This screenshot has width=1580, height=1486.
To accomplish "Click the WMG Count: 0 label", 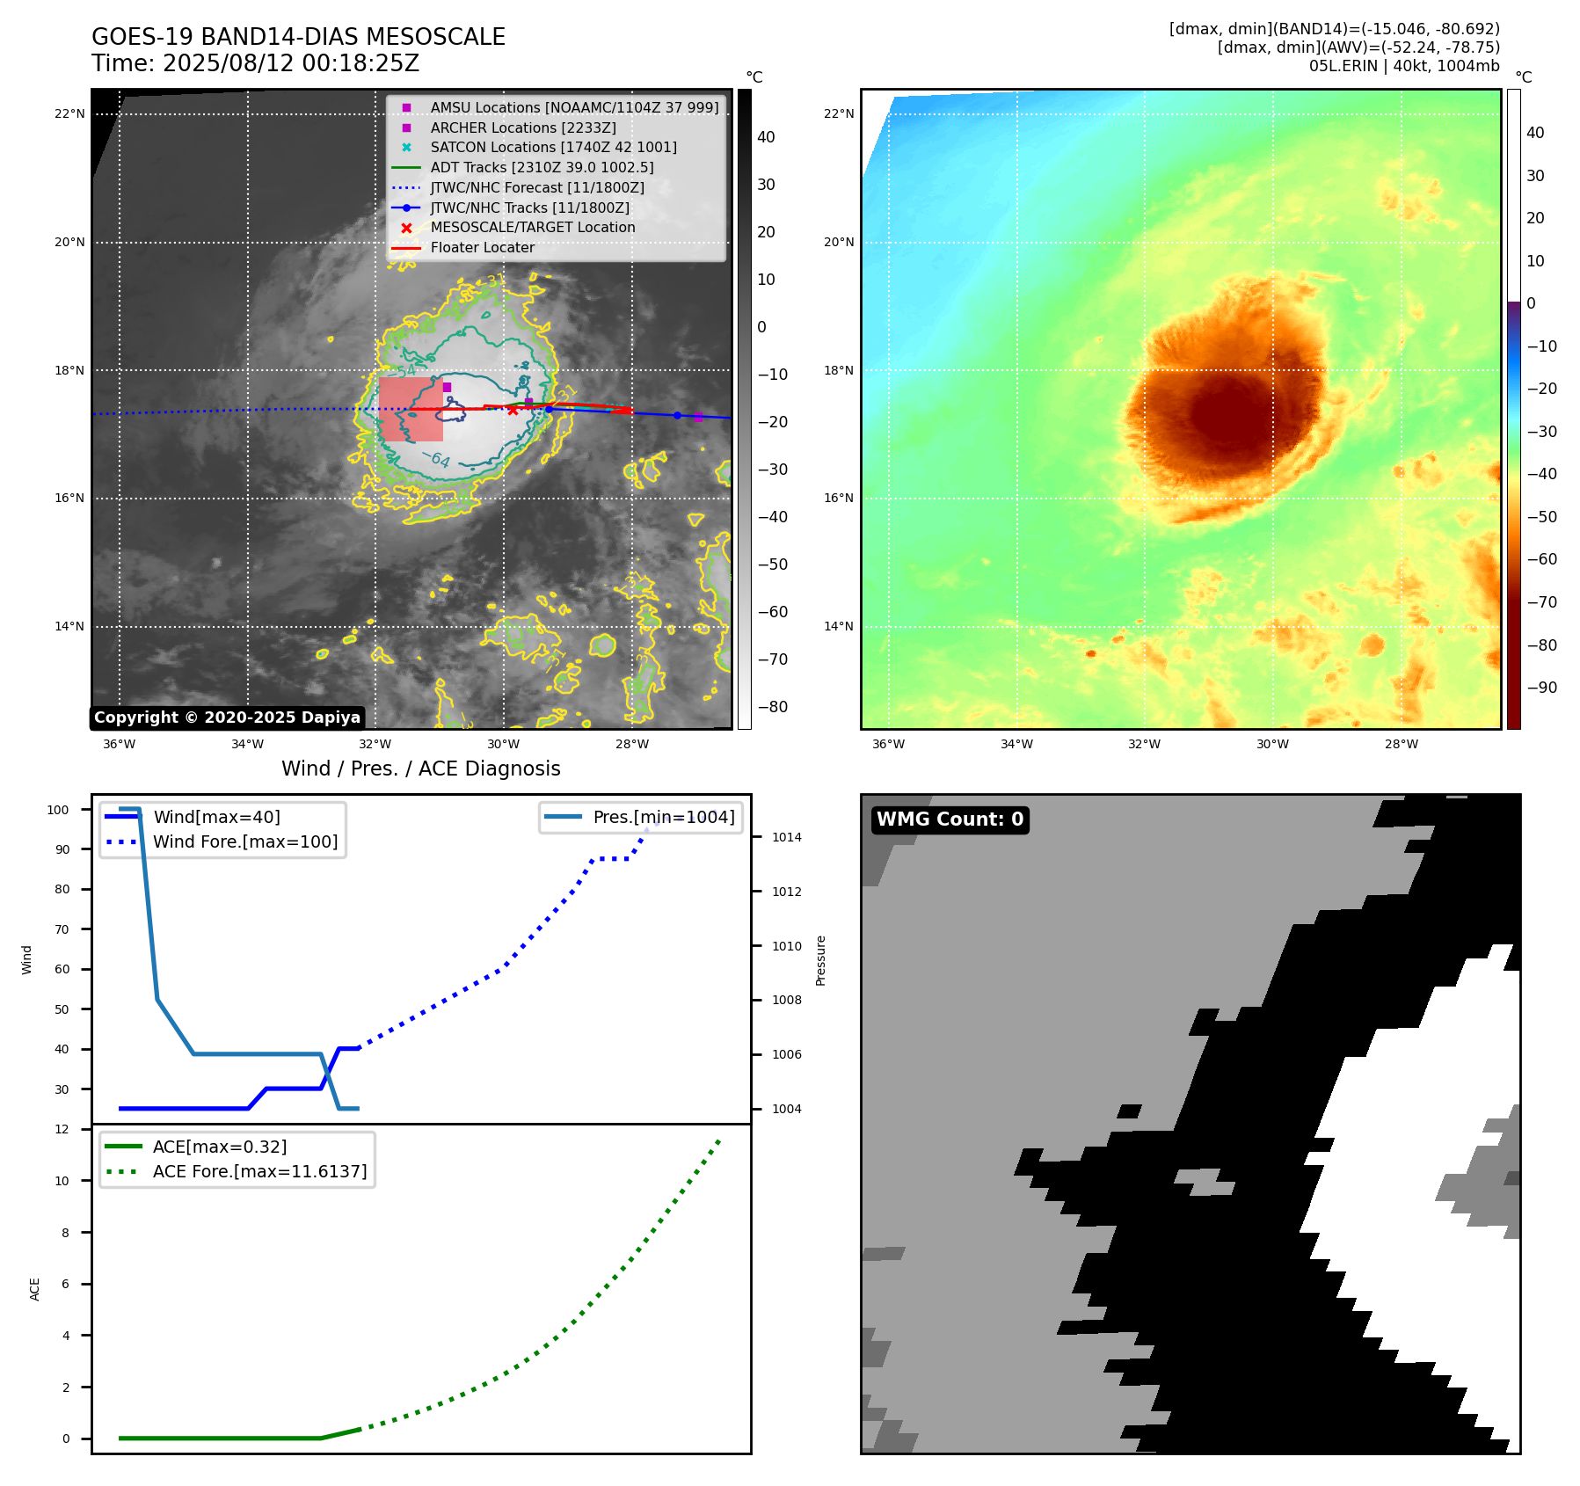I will pos(950,819).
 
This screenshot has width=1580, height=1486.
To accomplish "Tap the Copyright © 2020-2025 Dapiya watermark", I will pos(227,718).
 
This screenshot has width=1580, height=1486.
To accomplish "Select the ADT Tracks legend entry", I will pos(542,167).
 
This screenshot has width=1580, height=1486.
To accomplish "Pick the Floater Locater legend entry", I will pos(482,248).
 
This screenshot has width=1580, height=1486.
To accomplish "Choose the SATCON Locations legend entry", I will pos(553,147).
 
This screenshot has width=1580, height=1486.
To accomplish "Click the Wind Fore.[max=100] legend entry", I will pos(245,841).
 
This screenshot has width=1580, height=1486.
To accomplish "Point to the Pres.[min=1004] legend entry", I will pos(663,817).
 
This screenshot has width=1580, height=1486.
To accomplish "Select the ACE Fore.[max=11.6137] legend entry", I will pos(259,1171).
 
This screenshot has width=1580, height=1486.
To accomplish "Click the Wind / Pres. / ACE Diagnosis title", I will pos(420,768).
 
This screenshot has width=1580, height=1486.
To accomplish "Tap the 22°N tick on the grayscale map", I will pos(69,113).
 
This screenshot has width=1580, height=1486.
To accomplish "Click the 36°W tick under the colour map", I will pos(888,744).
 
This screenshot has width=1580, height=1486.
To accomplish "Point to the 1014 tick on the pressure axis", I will pos(786,837).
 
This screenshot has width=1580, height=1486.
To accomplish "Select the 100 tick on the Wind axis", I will pos(58,810).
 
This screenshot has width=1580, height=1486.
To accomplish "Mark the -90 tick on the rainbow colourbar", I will pos(1541,688).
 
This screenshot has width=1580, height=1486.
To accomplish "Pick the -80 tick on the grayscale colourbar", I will pos(772,707).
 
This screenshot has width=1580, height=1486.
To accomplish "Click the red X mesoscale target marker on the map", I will pos(513,410).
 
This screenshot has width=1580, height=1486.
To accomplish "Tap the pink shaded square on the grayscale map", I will pos(411,409).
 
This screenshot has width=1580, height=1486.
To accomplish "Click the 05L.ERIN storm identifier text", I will pos(1342,66).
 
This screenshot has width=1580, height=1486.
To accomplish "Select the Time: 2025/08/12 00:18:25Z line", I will pos(255,63).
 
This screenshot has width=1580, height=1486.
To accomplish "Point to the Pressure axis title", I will pos(820,960).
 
